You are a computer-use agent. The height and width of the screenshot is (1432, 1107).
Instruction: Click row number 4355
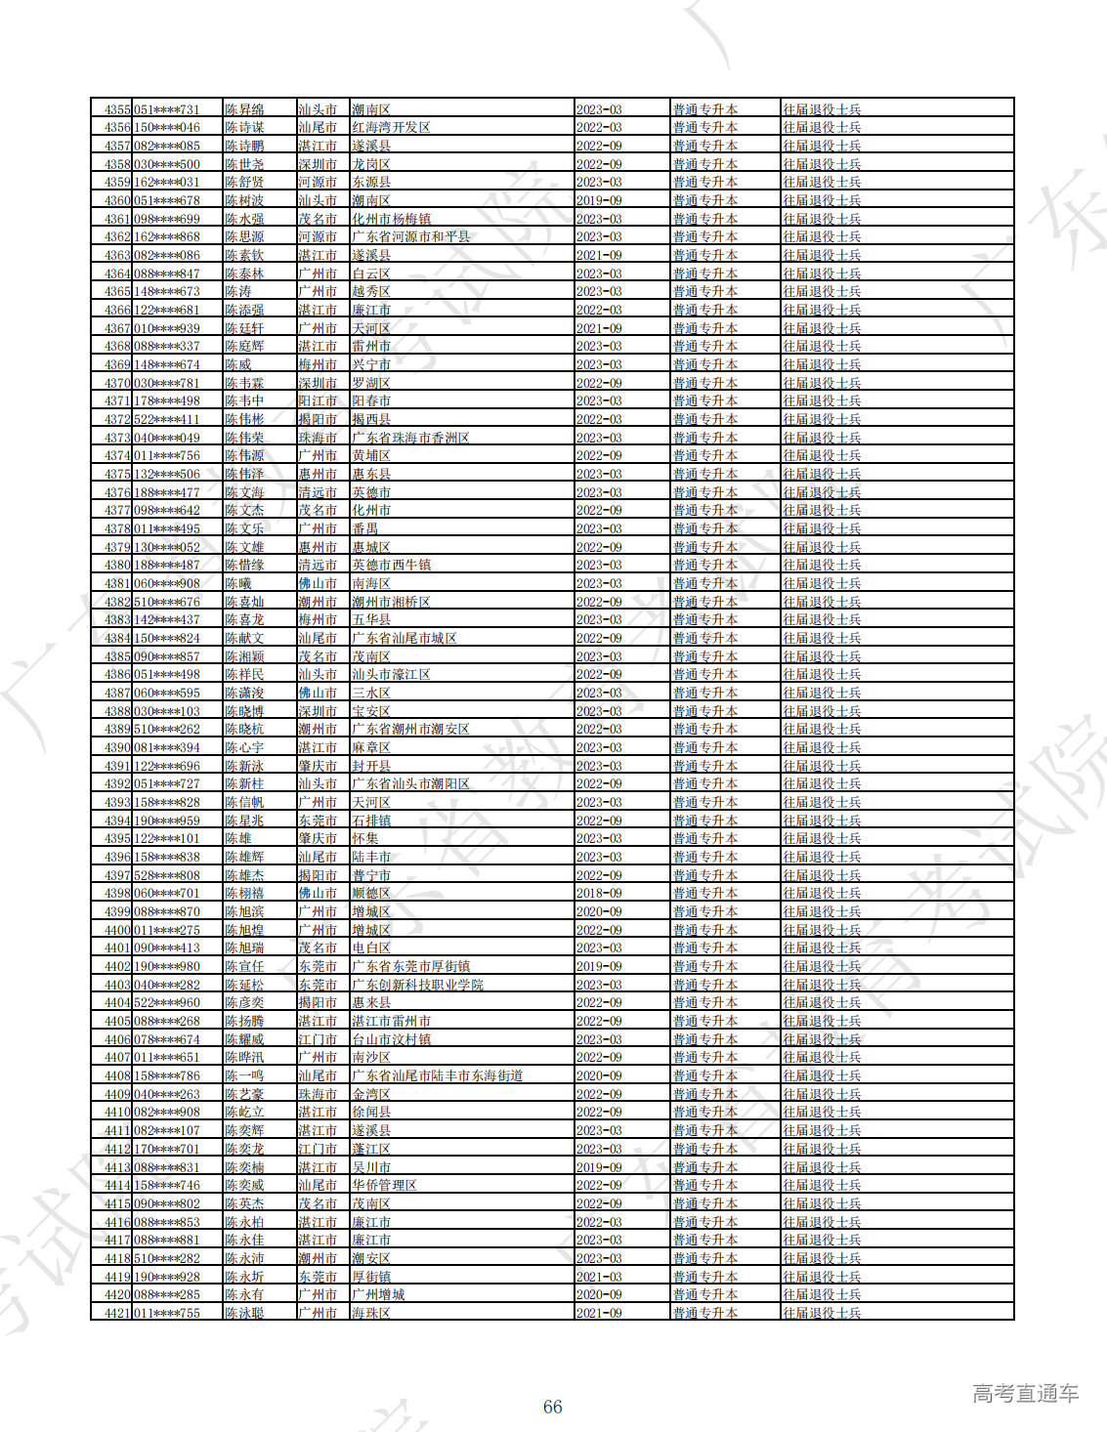[117, 109]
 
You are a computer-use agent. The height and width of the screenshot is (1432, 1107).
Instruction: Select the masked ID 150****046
[166, 128]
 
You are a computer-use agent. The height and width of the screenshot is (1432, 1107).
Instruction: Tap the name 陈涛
[238, 292]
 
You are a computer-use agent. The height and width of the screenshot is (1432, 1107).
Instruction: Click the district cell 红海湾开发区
[391, 128]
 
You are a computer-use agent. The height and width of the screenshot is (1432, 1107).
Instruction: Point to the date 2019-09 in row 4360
[599, 200]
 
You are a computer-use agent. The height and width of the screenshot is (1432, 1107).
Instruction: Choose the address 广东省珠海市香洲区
[410, 438]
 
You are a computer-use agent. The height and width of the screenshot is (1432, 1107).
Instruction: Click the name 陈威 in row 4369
[238, 364]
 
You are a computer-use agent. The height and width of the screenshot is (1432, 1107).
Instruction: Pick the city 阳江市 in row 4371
[318, 401]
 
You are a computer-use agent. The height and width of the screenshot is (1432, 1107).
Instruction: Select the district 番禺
[364, 528]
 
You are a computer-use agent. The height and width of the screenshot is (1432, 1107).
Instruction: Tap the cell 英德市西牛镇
[391, 565]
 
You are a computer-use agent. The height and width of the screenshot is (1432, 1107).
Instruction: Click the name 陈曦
[238, 583]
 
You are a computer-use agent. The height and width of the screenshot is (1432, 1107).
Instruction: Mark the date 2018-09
[599, 893]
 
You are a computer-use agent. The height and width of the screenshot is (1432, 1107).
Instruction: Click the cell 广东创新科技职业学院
[417, 985]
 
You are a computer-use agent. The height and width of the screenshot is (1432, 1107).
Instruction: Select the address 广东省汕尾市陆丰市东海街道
[437, 1075]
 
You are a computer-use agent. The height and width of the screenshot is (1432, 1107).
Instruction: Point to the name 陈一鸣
[244, 1075]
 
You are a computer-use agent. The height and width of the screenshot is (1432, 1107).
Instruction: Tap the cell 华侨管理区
[384, 1185]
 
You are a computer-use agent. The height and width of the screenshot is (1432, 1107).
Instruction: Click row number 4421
[117, 1313]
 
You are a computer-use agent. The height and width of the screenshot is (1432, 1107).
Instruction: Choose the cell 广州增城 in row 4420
[378, 1294]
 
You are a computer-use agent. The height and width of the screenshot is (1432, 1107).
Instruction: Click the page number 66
[553, 1407]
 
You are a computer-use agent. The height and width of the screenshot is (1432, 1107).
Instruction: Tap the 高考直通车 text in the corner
[1025, 1394]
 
